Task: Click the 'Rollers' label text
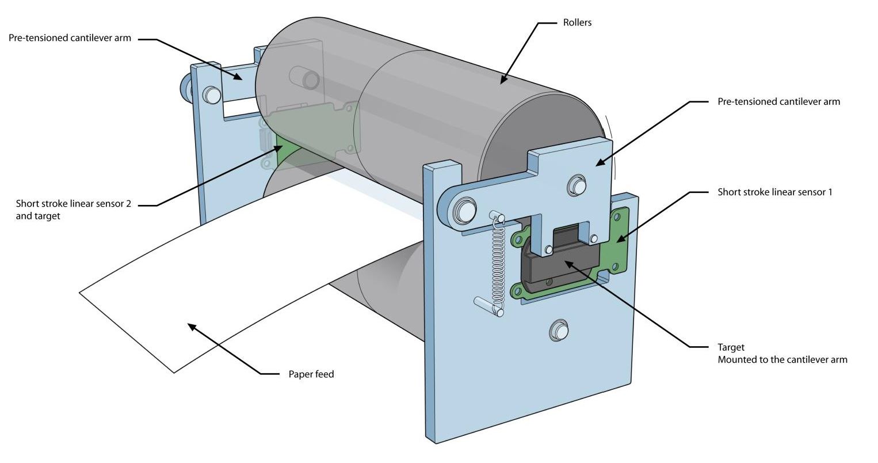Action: click(x=577, y=23)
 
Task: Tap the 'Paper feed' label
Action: click(x=311, y=374)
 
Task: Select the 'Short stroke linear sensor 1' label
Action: click(x=774, y=192)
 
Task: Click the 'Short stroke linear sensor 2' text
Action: click(x=74, y=204)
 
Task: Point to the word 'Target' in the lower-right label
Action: click(x=731, y=347)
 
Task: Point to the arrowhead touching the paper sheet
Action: click(x=192, y=327)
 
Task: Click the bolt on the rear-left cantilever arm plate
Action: click(x=212, y=94)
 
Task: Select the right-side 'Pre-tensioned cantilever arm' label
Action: click(x=778, y=102)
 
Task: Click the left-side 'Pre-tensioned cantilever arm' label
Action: click(x=70, y=38)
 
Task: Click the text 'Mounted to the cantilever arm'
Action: click(x=782, y=360)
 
